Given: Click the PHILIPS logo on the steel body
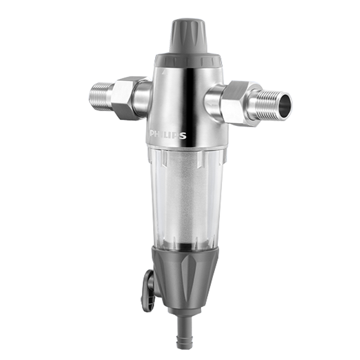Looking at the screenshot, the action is click(x=168, y=135).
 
